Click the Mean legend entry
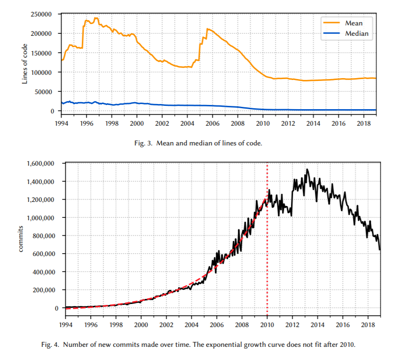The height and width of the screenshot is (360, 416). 353,23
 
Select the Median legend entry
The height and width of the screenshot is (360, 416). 356,33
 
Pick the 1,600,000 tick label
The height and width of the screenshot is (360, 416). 41,164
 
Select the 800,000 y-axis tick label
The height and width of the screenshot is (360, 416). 43,236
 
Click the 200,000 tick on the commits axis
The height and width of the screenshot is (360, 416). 43,290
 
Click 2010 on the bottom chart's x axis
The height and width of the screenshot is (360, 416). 267,324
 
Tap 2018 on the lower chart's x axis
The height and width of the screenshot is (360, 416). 368,324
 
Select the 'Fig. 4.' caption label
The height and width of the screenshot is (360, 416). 50,345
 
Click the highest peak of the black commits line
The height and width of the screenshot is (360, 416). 307,169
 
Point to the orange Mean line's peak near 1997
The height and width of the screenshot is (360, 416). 96,18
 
